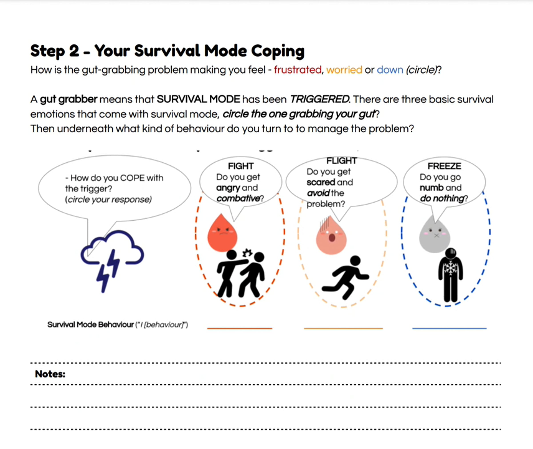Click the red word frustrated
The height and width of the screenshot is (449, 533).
coord(297,70)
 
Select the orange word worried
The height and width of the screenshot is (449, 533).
coord(344,70)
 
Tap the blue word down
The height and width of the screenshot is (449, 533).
coord(390,70)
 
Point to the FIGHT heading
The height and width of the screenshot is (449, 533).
coord(241,166)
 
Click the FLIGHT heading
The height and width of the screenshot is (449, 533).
coord(342,161)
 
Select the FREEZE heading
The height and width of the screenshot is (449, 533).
coord(444,166)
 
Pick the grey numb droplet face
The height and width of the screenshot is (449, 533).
coord(435,236)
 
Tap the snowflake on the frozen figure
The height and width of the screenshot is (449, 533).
coord(450,269)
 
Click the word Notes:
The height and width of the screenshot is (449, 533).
coord(50,374)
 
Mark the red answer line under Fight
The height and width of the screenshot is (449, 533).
coord(239,328)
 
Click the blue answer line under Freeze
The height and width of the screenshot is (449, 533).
coord(449,328)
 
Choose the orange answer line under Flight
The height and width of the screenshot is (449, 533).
coord(343,328)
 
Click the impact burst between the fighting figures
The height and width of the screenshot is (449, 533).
coord(247,253)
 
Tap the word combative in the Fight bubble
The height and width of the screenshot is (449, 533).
coord(238,199)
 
